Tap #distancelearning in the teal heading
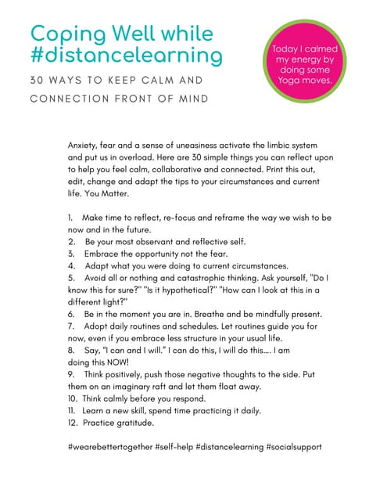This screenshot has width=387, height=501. click(126, 56)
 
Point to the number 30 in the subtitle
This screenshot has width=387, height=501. click(37, 81)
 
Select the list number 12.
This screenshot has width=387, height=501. click(73, 423)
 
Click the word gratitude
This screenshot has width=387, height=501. click(140, 423)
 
